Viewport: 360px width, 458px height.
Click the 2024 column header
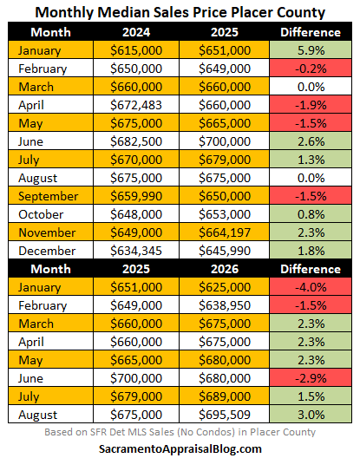point(136,32)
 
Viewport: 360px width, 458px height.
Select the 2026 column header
point(225,269)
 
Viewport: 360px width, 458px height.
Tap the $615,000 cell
point(136,50)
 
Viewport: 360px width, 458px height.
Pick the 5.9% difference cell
point(311,50)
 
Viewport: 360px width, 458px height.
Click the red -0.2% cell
point(311,69)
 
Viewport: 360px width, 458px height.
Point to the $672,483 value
point(136,105)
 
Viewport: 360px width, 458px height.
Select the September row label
point(49,196)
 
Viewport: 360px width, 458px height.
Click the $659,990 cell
point(136,196)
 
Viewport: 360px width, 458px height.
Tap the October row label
point(41,214)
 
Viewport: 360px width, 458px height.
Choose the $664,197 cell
point(225,232)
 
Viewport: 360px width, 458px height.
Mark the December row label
point(47,251)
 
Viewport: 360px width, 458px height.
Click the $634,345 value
point(136,251)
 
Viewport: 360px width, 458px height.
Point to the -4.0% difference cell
point(311,287)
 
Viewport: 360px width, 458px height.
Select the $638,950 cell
point(225,305)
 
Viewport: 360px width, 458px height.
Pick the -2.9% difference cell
point(311,378)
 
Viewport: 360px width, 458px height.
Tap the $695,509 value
point(225,415)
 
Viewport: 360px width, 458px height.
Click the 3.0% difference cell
point(311,415)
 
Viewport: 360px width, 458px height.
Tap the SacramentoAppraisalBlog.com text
point(180,448)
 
